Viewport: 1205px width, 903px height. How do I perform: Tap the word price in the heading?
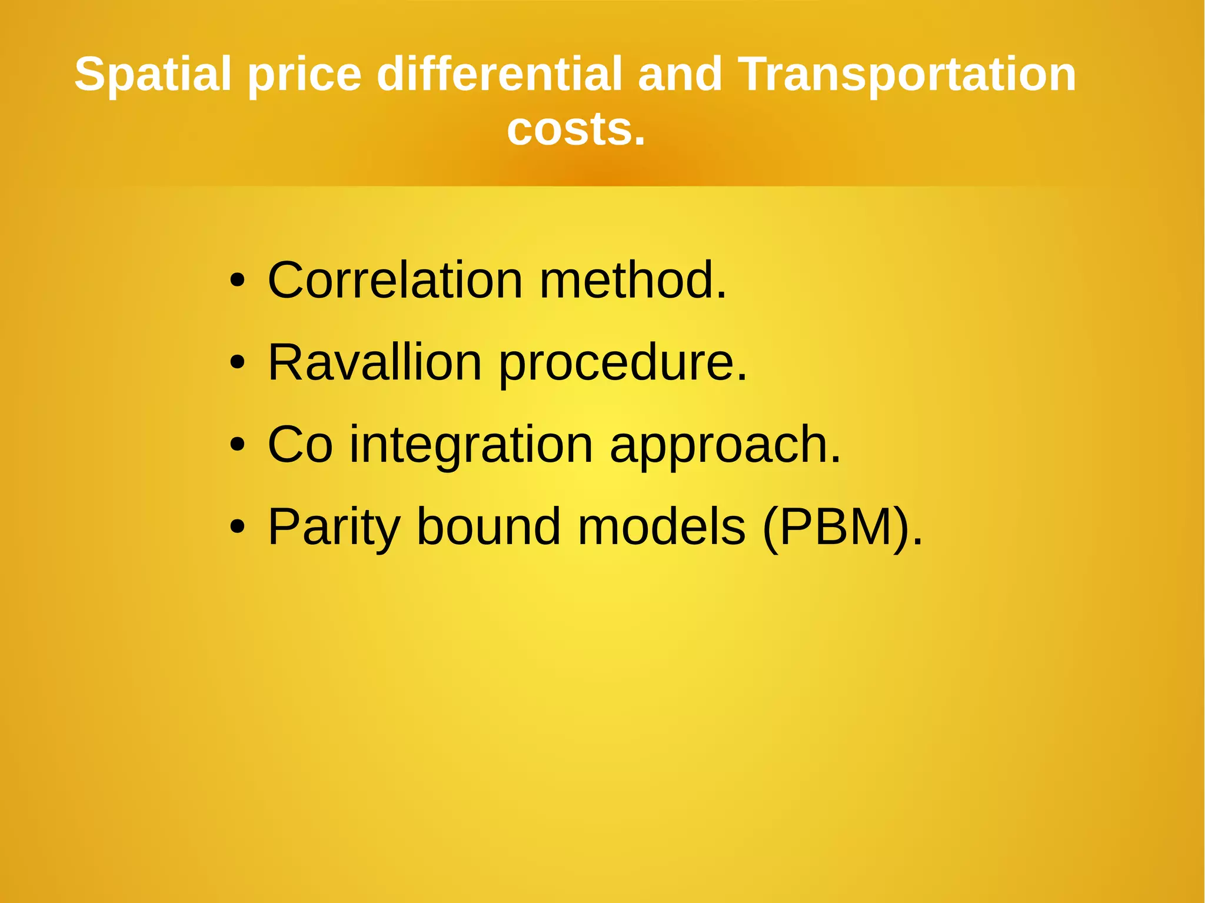[304, 75]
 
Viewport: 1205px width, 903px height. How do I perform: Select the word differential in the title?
[500, 74]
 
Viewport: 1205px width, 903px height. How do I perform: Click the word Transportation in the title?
[906, 75]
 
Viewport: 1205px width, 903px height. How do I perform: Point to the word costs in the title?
[575, 129]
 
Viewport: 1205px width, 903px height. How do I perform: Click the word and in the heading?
[680, 74]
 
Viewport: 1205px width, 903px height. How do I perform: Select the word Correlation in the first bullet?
[395, 280]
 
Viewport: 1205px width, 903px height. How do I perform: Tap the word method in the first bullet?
[633, 280]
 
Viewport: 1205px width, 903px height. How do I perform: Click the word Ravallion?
[375, 362]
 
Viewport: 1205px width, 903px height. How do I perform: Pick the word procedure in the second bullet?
[623, 364]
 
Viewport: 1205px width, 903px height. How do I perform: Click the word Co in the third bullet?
[300, 445]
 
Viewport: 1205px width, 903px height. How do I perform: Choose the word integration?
[471, 446]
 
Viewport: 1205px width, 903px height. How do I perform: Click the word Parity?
[334, 528]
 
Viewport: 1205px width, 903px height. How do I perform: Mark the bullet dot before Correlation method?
[237, 281]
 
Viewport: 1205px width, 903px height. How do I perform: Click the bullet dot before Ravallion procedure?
[237, 363]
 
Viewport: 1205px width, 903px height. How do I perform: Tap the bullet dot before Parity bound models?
[237, 527]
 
